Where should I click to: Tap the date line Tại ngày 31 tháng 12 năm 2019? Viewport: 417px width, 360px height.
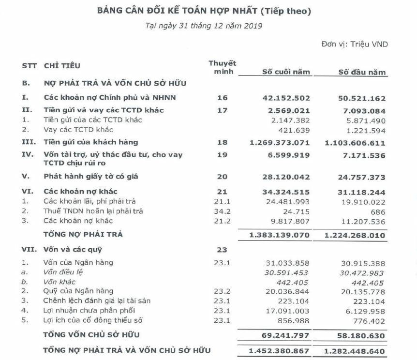coord(204,26)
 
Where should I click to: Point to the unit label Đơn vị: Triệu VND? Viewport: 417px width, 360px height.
coord(354,44)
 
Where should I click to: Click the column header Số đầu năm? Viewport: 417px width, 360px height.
coord(362,73)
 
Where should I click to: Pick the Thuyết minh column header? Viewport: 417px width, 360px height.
coord(222,68)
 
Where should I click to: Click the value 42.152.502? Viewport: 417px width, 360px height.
coord(286,97)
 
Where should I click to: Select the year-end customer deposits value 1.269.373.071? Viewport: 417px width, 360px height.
coord(280,142)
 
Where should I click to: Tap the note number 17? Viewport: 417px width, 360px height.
coord(222,110)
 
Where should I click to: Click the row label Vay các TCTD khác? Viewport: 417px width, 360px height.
coord(78,130)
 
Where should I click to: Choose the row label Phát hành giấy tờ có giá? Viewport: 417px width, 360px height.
coord(91,177)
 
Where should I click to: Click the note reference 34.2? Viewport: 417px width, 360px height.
coord(222,211)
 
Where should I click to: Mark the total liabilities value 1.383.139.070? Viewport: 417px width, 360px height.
coord(280,235)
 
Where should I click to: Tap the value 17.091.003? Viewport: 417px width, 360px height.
coord(289,310)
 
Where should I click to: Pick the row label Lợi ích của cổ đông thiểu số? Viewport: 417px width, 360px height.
coord(93,320)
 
